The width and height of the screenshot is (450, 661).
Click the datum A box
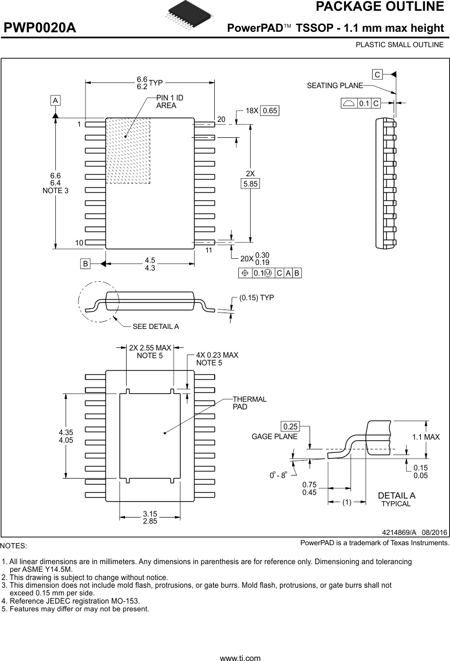pyautogui.click(x=55, y=100)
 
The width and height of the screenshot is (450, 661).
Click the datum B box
pyautogui.click(x=85, y=264)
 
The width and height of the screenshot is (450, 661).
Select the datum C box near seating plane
pyautogui.click(x=377, y=75)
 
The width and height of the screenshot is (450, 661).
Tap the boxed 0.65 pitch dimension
pyautogui.click(x=270, y=111)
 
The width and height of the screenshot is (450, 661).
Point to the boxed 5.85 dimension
pyautogui.click(x=251, y=183)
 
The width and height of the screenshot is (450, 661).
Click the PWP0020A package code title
pyautogui.click(x=40, y=28)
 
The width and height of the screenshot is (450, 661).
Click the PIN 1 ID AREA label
pyautogui.click(x=170, y=102)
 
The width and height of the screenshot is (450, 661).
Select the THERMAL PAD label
pyautogui.click(x=249, y=403)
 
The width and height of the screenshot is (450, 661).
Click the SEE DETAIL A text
pyautogui.click(x=155, y=326)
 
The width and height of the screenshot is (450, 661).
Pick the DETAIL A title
pyautogui.click(x=396, y=495)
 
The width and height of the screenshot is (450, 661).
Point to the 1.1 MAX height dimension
pyautogui.click(x=426, y=437)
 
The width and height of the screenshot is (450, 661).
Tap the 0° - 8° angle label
pyautogui.click(x=278, y=475)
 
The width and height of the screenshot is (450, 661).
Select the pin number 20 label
pyautogui.click(x=221, y=119)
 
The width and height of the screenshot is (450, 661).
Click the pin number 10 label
pyautogui.click(x=79, y=243)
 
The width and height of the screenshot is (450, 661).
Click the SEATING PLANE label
pyautogui.click(x=335, y=86)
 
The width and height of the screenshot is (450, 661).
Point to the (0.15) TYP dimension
pyautogui.click(x=256, y=298)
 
